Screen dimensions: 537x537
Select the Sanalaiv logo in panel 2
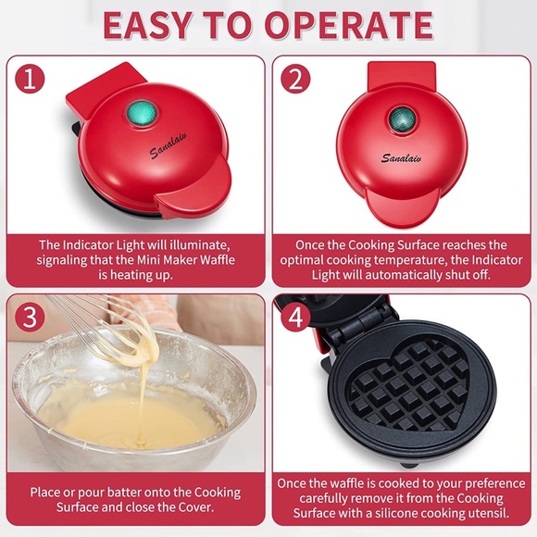pos(401,157)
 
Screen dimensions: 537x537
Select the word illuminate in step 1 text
pos(195,245)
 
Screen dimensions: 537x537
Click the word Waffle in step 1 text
pos(210,260)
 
